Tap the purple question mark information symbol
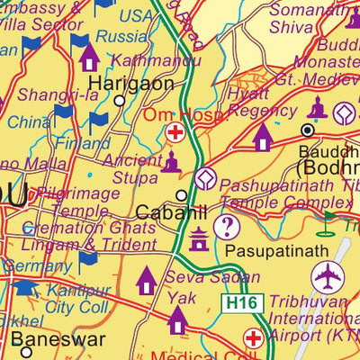(228, 227)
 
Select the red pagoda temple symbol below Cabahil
(198, 238)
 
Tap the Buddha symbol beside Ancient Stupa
(171, 162)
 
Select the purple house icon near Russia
(88, 58)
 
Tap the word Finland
(82, 143)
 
